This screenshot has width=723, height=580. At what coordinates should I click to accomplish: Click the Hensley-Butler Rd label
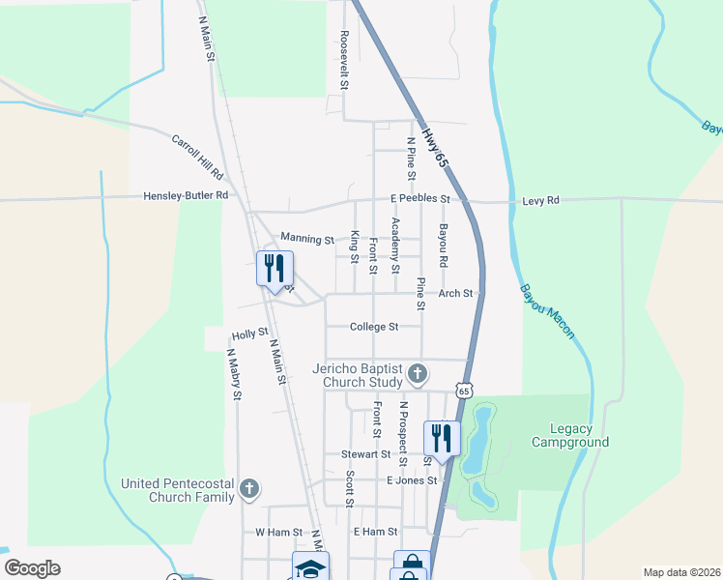[x=186, y=195]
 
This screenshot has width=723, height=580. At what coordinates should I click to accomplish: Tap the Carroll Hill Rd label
[x=198, y=157]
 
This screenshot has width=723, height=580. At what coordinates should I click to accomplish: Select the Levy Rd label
[x=540, y=200]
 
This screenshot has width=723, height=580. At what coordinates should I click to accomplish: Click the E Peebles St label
[x=420, y=199]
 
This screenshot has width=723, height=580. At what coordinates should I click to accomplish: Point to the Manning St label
[x=306, y=238]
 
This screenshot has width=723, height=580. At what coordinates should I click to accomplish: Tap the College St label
[x=374, y=327]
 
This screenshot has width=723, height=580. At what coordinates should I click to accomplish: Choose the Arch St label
[x=456, y=293]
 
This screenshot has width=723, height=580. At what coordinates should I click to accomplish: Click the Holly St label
[x=249, y=334]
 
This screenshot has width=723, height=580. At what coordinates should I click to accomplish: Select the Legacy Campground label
[x=570, y=435]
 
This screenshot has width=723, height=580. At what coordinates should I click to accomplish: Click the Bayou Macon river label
[x=547, y=310]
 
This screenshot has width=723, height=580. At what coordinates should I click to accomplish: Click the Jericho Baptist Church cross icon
[x=418, y=373]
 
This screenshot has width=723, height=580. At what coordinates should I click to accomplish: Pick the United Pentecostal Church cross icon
[x=249, y=488]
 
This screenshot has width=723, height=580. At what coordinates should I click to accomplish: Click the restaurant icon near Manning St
[x=275, y=268]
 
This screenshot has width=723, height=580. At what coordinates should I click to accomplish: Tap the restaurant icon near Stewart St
[x=442, y=437]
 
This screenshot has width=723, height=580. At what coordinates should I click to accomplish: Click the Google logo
[x=32, y=568]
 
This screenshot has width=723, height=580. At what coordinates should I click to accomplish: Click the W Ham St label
[x=279, y=532]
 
